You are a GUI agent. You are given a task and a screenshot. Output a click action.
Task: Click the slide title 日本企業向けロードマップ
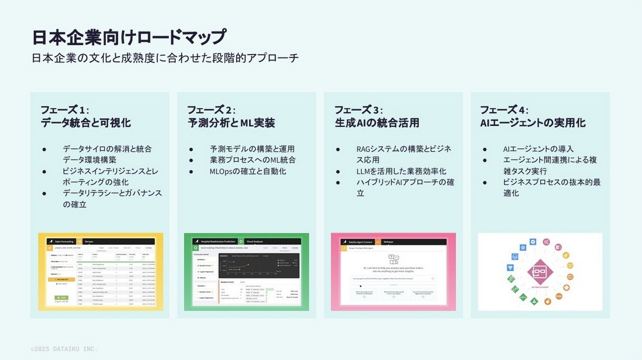128,37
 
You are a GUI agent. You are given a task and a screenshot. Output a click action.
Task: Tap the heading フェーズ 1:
64,110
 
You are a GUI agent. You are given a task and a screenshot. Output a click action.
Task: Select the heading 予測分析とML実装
231,123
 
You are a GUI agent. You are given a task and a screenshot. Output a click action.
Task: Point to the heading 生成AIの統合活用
377,123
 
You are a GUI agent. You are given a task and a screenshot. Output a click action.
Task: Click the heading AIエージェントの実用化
532,123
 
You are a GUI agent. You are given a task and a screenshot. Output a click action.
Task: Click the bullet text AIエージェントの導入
538,149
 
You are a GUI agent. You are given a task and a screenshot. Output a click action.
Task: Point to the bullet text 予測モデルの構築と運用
252,149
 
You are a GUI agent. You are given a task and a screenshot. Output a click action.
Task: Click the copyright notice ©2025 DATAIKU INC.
64,349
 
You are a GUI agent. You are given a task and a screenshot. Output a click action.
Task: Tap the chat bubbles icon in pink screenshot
394,259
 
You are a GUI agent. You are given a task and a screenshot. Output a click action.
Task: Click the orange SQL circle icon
559,296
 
